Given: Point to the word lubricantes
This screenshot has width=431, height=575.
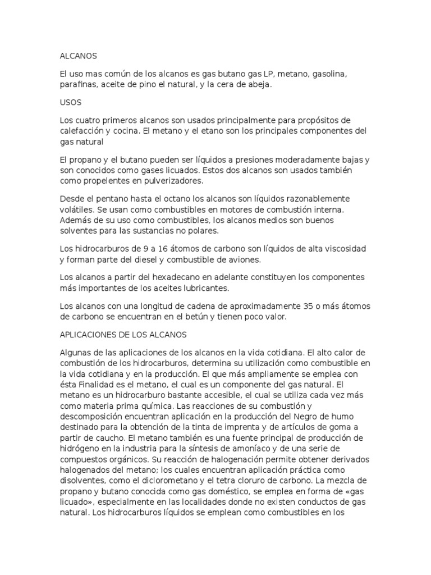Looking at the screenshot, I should pyautogui.click(x=204, y=287).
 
